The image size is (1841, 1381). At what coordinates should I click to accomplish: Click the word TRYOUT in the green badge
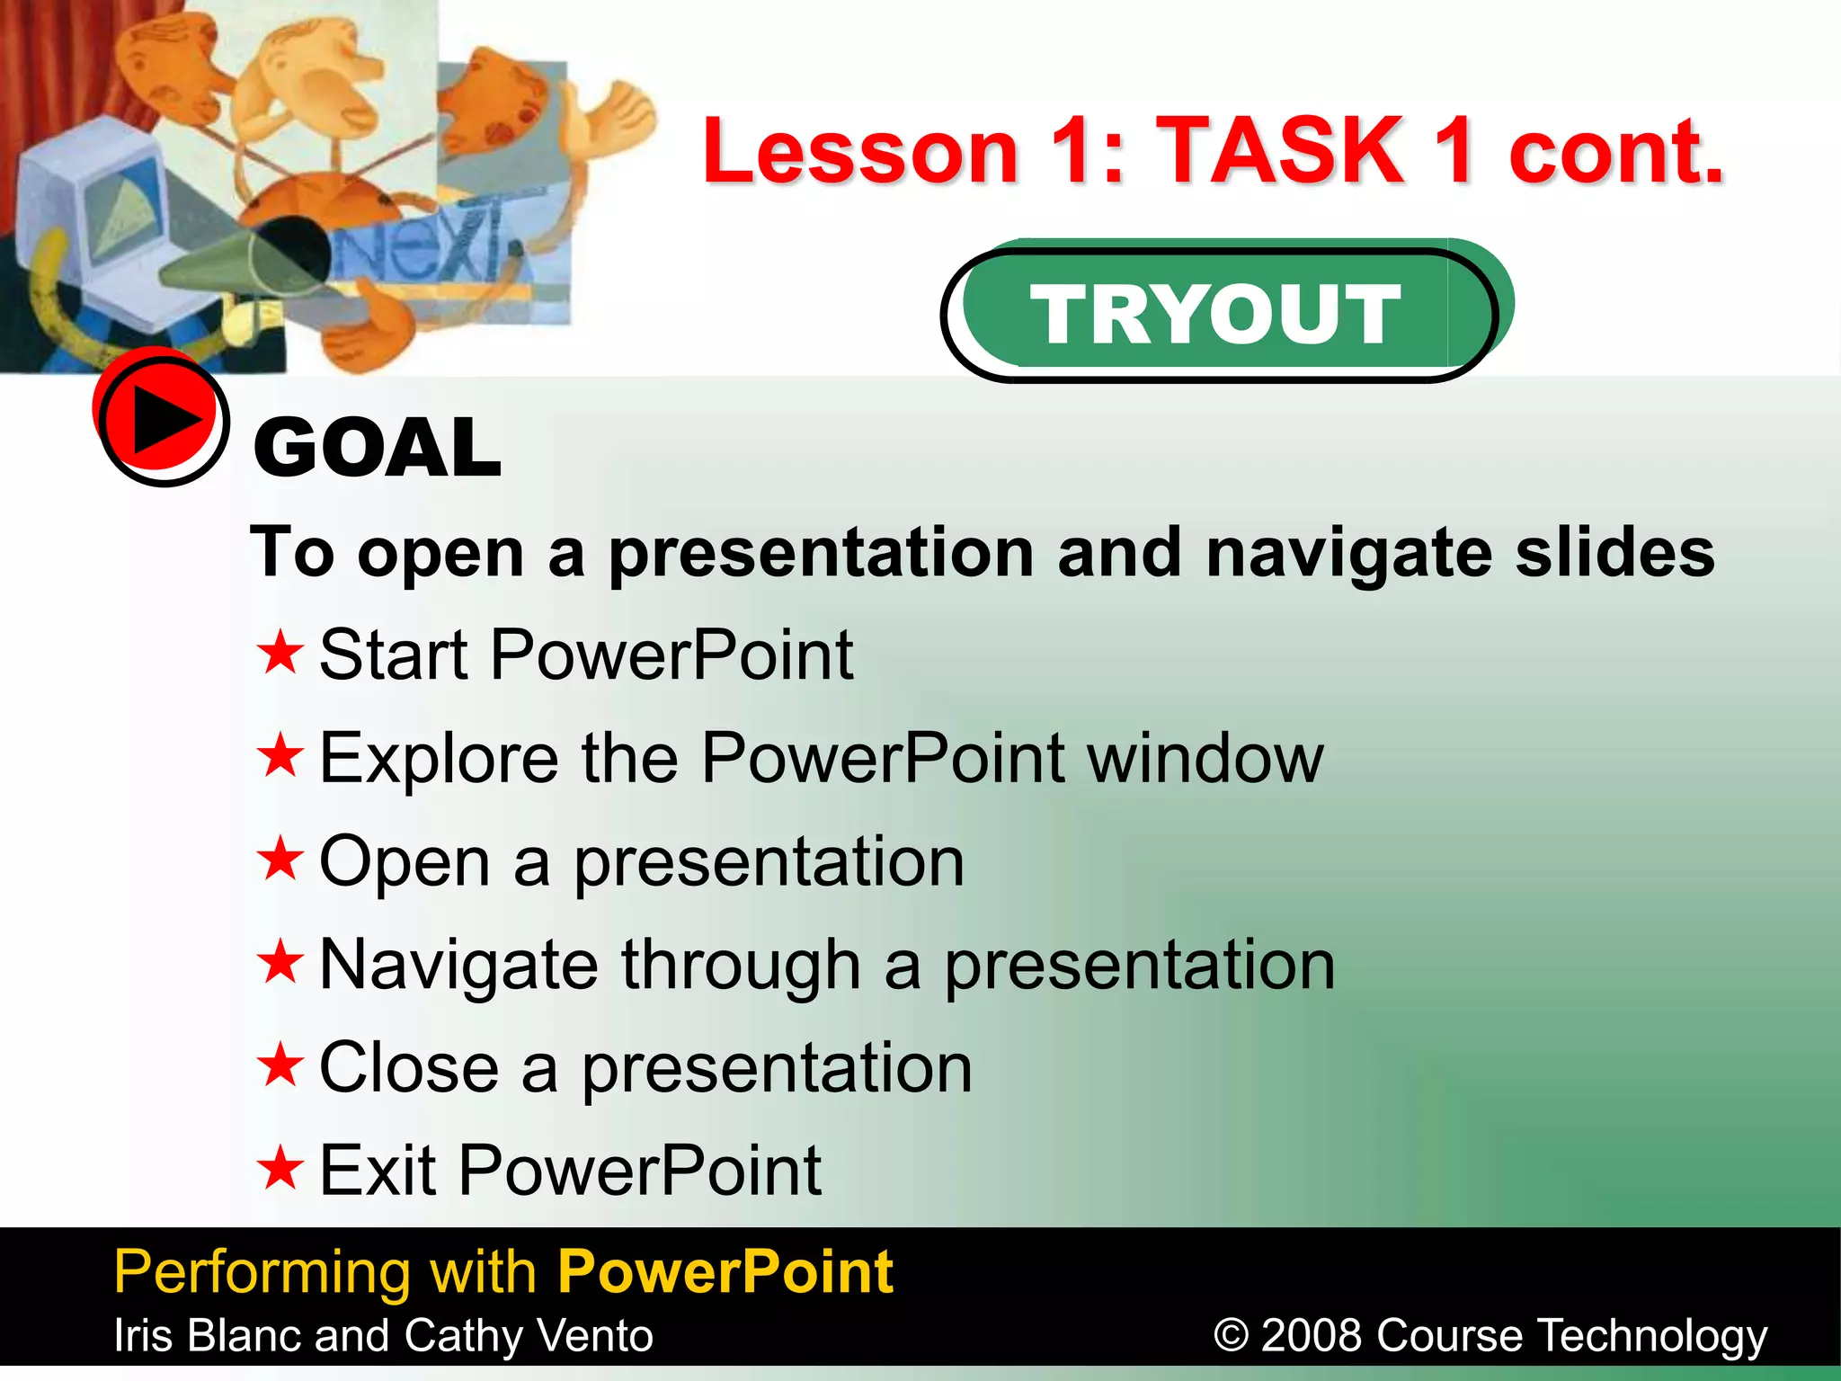[x=1214, y=313]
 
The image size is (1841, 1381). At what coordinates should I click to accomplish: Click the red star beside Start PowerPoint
[x=280, y=653]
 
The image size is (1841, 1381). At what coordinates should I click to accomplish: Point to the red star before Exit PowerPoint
[x=280, y=1168]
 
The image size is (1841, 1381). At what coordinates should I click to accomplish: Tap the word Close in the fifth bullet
[x=409, y=1067]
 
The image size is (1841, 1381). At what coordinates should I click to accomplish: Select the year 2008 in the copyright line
[x=1313, y=1335]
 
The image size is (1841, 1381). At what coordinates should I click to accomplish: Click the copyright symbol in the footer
[x=1232, y=1335]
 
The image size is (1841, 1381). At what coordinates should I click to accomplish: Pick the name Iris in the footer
[x=143, y=1335]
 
